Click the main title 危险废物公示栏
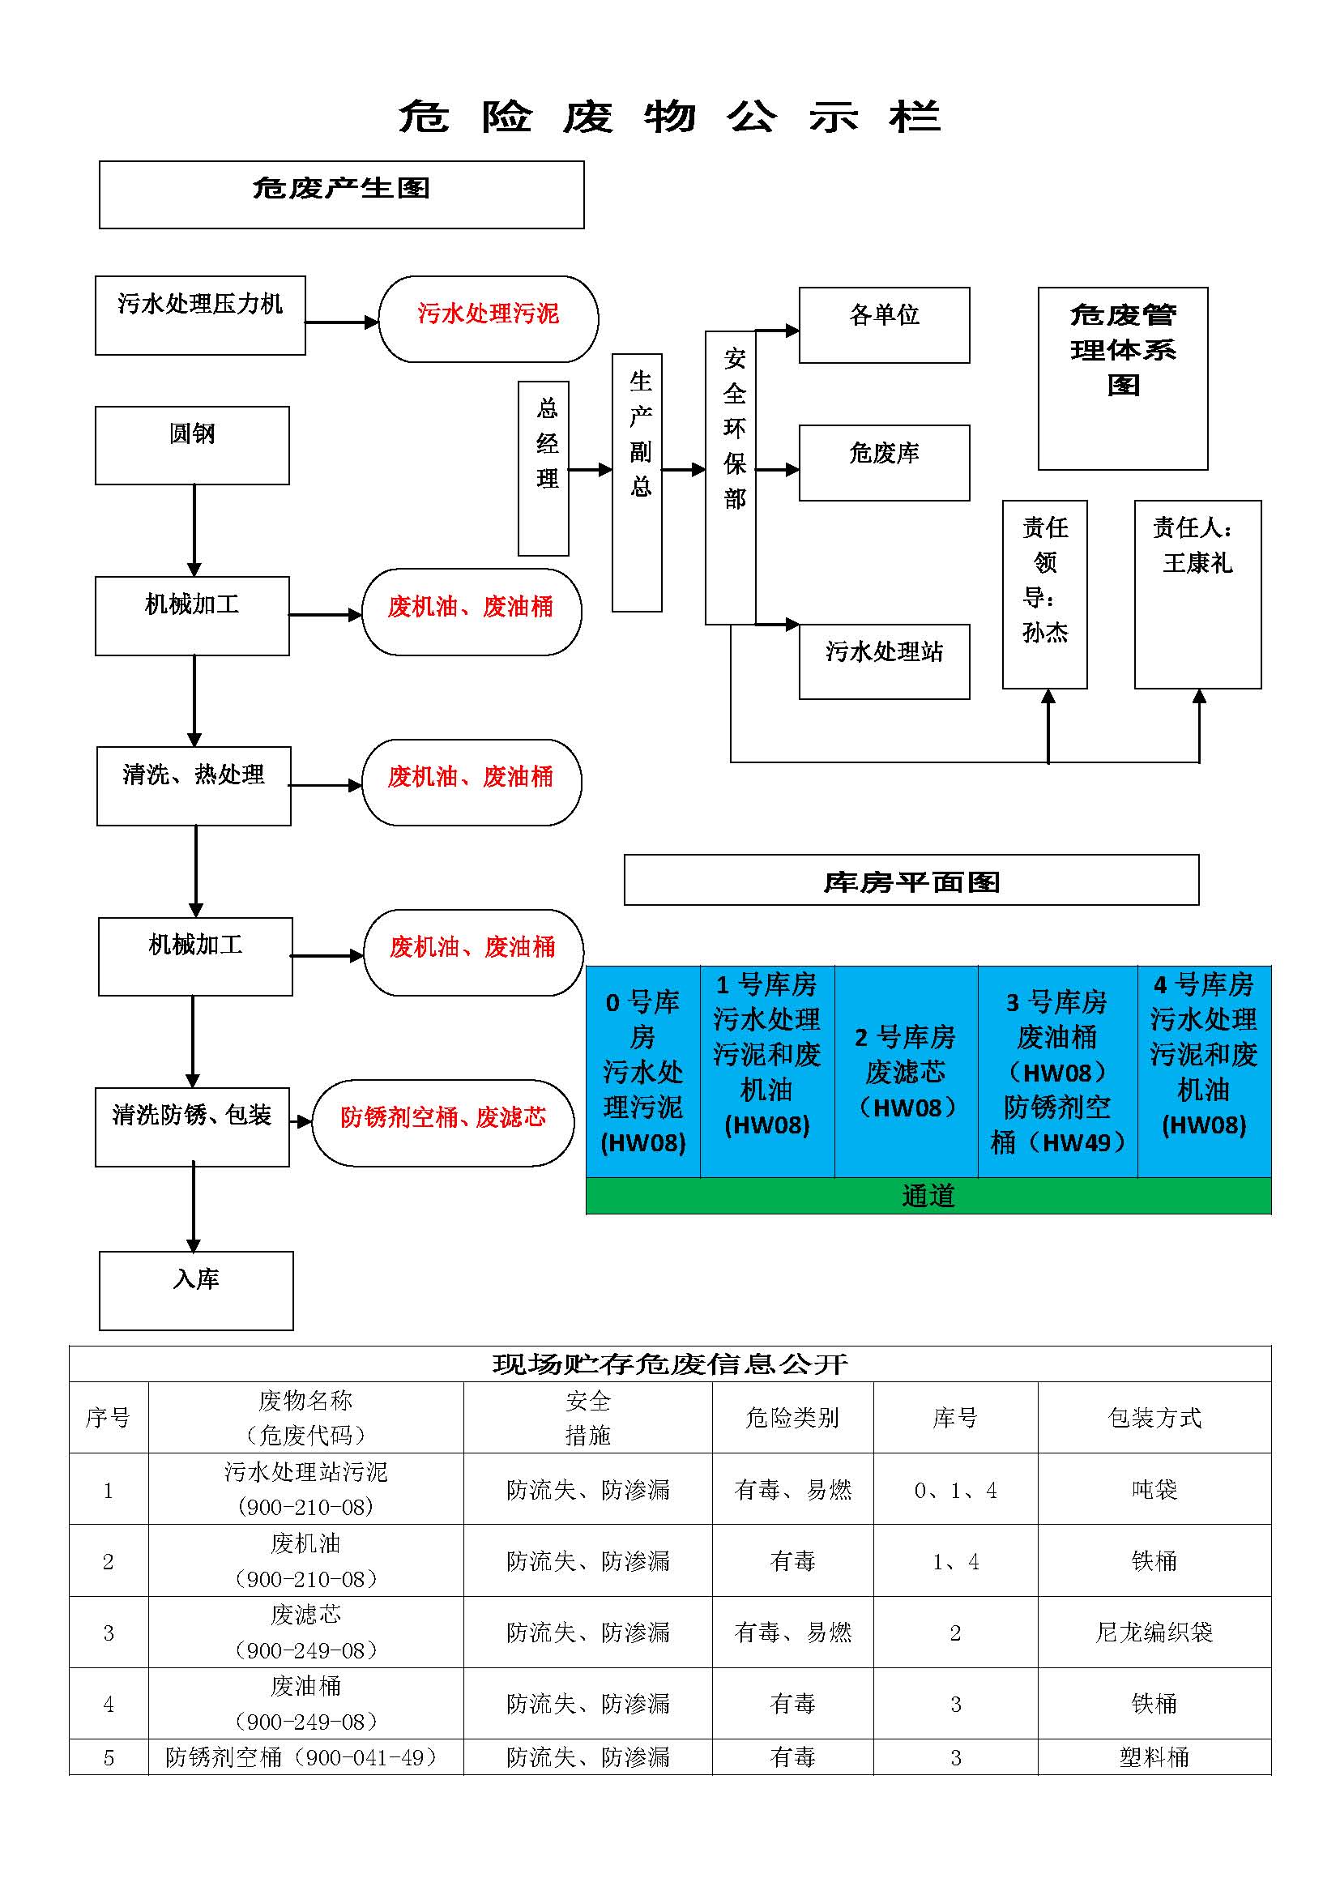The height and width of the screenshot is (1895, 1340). (x=669, y=117)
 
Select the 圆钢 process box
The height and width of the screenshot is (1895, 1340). (x=192, y=446)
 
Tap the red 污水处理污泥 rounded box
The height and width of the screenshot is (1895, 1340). (x=489, y=318)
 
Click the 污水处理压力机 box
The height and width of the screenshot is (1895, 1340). (x=200, y=315)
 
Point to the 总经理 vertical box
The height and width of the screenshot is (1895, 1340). (x=543, y=468)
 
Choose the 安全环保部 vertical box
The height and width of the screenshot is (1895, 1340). (x=731, y=478)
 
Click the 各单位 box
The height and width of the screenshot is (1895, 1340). (x=885, y=325)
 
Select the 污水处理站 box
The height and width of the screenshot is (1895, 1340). (x=885, y=662)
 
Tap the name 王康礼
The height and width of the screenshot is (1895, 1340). (x=1197, y=563)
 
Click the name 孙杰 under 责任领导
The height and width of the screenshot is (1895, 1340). (x=1044, y=632)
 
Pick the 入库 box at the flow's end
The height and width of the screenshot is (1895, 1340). (x=196, y=1291)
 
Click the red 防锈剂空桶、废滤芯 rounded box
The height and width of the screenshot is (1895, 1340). (x=443, y=1122)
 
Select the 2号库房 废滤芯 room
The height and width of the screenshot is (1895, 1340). (x=906, y=1071)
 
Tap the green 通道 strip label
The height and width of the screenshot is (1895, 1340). (x=928, y=1196)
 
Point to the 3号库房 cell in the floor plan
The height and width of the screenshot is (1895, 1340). (x=1058, y=1071)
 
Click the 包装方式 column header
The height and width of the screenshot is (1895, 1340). (x=1154, y=1418)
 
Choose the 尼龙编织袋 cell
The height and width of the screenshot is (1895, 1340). (x=1154, y=1633)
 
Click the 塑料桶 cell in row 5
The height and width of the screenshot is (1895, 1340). (x=1154, y=1758)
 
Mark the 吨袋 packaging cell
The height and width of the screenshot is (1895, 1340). (x=1154, y=1490)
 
